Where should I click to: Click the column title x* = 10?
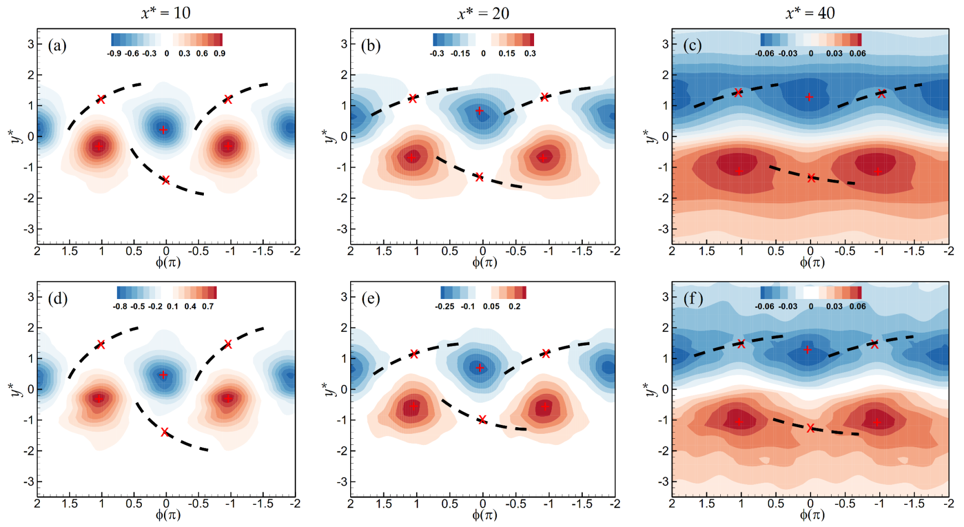click(166, 13)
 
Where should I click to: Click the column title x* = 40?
click(810, 13)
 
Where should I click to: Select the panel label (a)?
click(57, 45)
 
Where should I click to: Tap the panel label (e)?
click(371, 298)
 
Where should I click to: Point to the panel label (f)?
click(693, 298)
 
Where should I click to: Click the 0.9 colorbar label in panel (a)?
click(219, 54)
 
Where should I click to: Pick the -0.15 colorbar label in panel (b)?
click(460, 54)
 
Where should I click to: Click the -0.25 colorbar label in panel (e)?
click(445, 307)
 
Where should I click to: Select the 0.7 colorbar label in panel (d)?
click(208, 307)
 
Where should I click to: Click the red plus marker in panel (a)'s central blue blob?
click(163, 130)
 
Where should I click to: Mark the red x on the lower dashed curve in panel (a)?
click(165, 180)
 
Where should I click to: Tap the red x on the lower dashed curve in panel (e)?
click(482, 419)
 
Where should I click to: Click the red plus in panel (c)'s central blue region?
click(809, 97)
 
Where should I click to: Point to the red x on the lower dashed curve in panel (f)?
click(811, 428)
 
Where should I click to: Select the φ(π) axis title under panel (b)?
click(484, 262)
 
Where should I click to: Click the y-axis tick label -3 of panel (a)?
click(30, 229)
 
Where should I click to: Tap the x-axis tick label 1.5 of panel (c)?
click(706, 251)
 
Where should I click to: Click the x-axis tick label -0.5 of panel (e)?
click(515, 504)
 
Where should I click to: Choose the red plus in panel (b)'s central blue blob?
click(480, 111)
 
